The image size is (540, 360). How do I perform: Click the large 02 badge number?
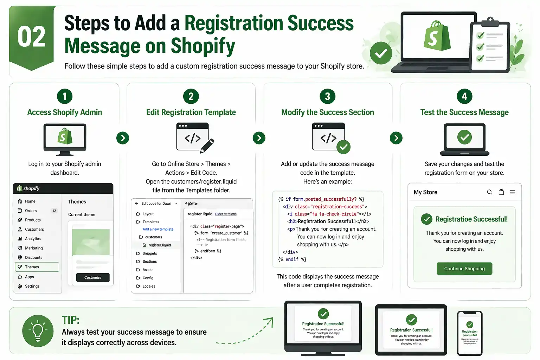pos(32,37)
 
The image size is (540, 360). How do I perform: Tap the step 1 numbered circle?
pos(65,96)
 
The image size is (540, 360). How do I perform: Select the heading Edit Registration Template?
pos(191,112)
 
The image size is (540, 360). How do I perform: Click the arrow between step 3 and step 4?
pos(396,138)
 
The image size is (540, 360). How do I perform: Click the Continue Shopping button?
pos(464,269)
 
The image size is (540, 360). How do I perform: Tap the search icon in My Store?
pos(489,192)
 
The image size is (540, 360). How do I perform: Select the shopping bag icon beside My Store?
pos(501,192)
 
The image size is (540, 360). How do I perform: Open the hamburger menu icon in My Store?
pos(513,192)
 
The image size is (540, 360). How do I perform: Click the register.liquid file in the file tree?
pos(159,245)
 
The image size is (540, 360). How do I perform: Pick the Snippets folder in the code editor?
pos(149,253)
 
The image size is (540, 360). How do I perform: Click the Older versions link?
pos(226,214)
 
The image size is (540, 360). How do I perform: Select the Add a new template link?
pos(158,229)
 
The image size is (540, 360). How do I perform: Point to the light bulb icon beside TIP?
pos(38,331)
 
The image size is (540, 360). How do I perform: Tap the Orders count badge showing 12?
pos(54,211)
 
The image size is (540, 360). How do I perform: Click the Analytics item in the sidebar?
pos(33,239)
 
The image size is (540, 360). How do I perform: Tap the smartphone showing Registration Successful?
pos(470,333)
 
